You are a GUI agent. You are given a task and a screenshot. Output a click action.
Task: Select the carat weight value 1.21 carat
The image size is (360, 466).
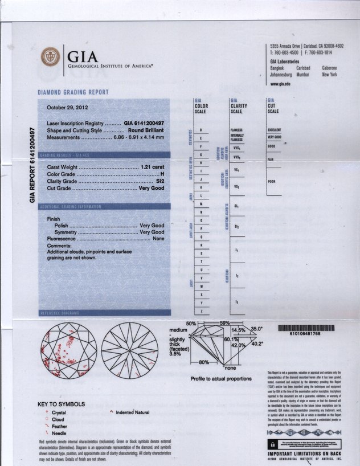tap(152, 166)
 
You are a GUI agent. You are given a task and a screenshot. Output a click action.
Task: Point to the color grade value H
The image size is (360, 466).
tap(162, 174)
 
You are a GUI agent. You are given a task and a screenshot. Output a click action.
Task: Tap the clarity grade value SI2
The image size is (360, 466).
tap(160, 181)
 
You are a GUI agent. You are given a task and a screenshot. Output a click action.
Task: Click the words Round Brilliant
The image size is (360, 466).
tap(146, 130)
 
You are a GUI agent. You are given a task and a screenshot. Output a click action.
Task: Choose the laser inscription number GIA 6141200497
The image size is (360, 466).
tap(144, 124)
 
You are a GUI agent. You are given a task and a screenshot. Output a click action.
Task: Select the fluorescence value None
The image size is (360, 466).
tap(158, 239)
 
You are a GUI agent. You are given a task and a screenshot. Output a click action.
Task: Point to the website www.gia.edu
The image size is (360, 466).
tap(281, 83)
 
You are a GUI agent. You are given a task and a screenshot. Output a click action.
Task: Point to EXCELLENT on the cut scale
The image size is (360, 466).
tap(275, 130)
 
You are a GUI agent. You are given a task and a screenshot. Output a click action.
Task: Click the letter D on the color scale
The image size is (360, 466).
tap(201, 130)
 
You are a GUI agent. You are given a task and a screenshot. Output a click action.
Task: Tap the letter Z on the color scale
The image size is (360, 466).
tap(201, 311)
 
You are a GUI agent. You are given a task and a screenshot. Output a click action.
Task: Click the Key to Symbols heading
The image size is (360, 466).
tap(61, 404)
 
